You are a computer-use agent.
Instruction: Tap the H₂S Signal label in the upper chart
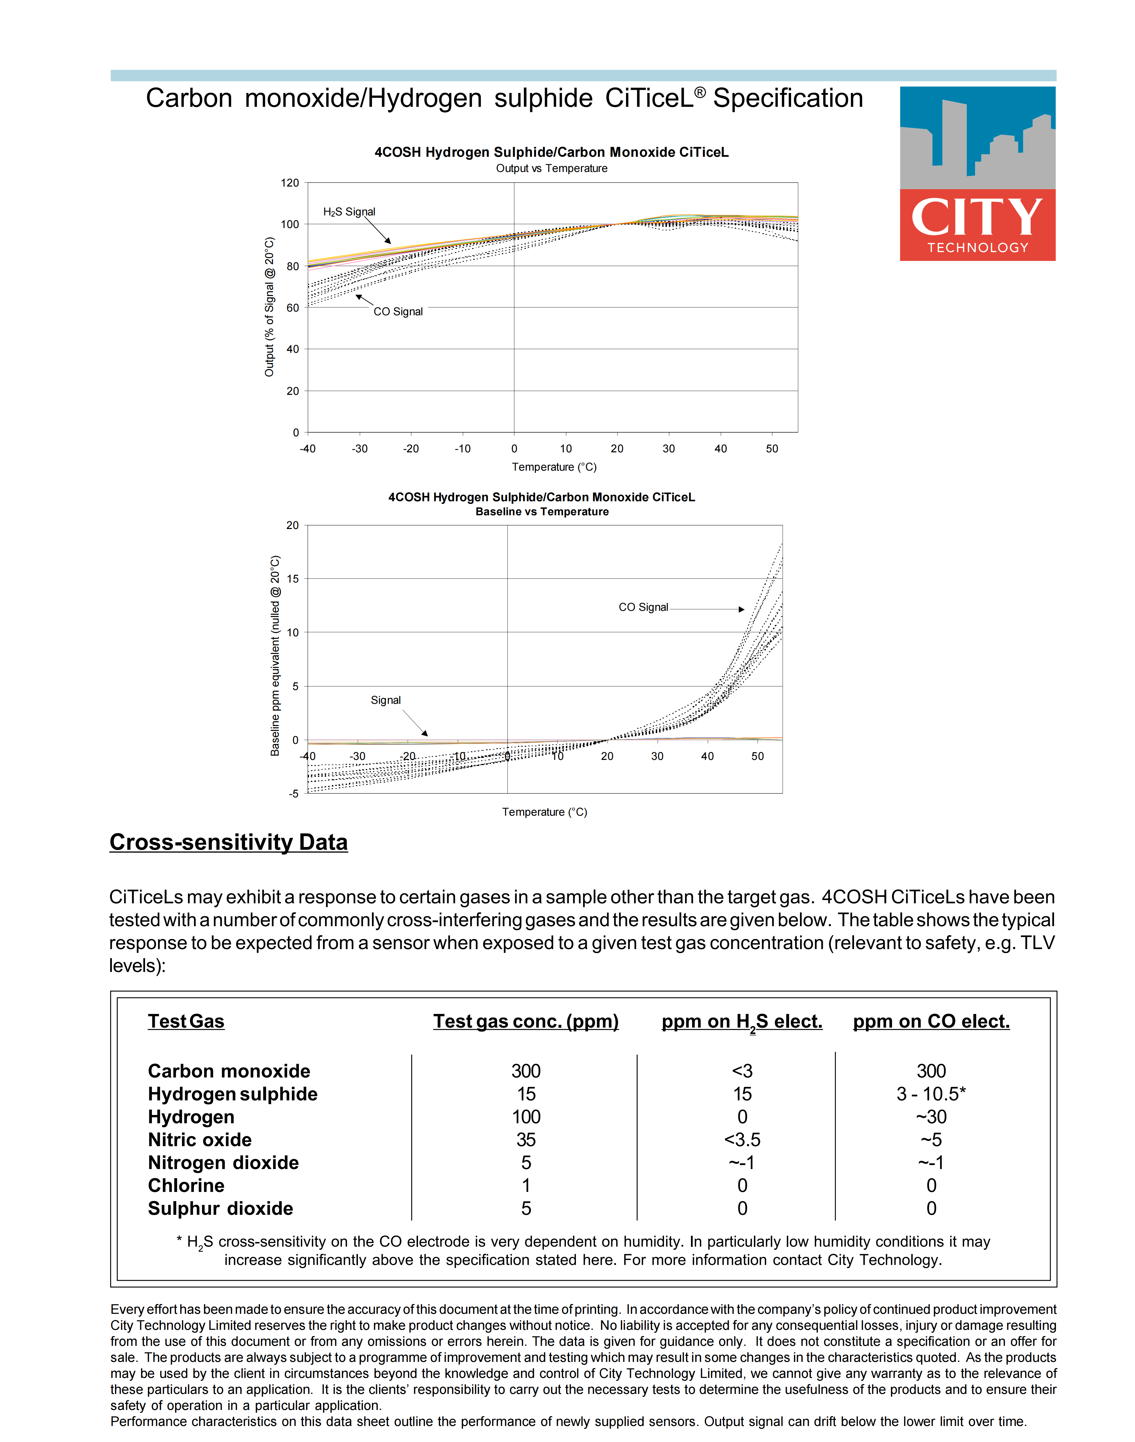coord(349,212)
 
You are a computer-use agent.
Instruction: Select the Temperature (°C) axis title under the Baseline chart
coord(544,812)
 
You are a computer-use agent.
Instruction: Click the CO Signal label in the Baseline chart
coord(643,607)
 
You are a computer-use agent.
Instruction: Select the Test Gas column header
coord(186,1021)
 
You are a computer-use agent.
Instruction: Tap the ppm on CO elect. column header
coord(931,1021)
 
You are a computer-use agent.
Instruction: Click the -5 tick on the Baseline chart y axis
coord(294,794)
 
